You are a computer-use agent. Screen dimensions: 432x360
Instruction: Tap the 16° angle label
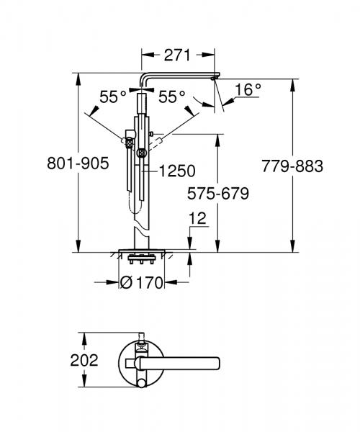[248, 90]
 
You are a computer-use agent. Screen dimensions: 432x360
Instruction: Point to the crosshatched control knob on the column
[141, 152]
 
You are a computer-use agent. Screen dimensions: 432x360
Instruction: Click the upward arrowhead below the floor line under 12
[191, 258]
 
